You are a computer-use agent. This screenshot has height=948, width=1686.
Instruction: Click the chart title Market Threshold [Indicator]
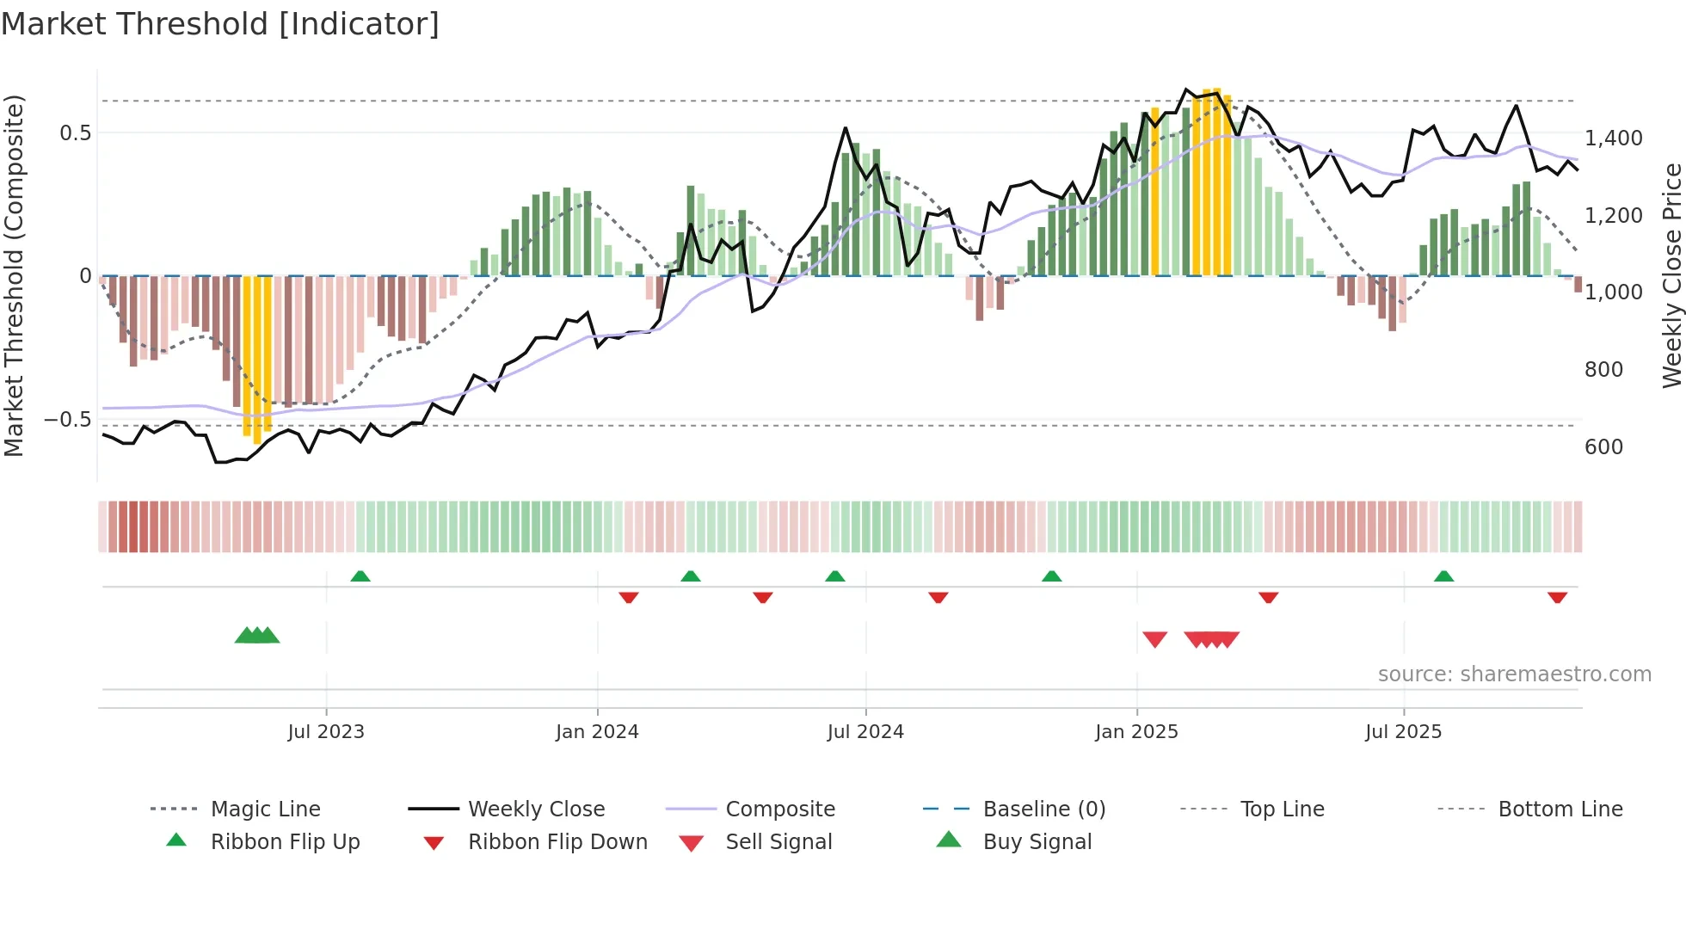tap(220, 24)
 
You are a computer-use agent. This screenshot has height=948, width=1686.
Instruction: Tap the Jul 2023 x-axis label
tap(326, 732)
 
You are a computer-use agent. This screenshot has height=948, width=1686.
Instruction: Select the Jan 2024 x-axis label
tap(597, 732)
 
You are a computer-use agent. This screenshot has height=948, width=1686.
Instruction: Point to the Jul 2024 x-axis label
tap(865, 732)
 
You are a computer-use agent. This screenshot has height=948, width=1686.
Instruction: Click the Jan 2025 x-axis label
tap(1136, 732)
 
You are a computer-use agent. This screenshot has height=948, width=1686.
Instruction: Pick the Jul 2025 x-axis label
tap(1403, 732)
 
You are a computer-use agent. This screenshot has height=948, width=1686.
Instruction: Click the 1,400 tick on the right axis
tap(1613, 139)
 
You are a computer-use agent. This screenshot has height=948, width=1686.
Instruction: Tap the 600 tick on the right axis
tap(1603, 447)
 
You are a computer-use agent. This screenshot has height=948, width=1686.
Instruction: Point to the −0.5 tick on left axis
tap(68, 420)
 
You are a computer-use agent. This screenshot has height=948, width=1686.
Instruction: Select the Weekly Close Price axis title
tap(1671, 275)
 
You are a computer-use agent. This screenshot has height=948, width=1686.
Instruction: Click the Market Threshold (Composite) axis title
tap(14, 275)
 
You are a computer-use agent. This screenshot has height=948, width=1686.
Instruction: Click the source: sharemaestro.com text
tap(1514, 674)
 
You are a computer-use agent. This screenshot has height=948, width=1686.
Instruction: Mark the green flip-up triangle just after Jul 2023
tap(360, 576)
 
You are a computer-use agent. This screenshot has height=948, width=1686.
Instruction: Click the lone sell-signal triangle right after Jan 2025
tap(1154, 639)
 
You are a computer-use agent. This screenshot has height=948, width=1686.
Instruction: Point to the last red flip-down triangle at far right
tap(1557, 597)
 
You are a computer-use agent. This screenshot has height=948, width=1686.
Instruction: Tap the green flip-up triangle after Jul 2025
tap(1443, 576)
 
